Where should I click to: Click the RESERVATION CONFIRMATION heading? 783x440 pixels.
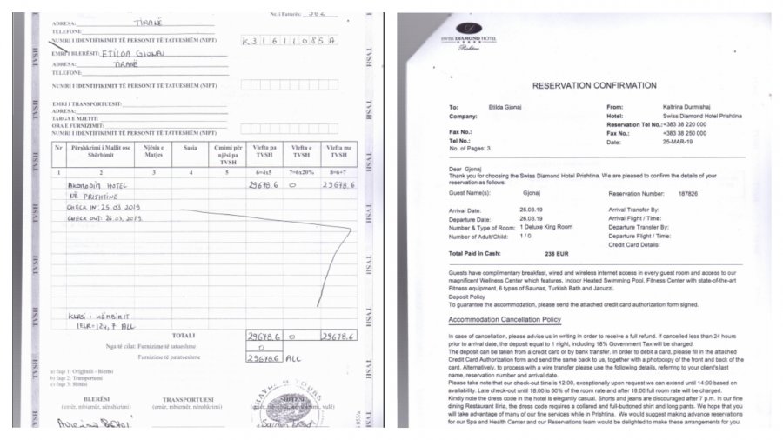coord(588,85)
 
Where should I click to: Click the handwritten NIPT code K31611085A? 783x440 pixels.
coord(288,40)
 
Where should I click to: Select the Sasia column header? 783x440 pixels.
coord(191,149)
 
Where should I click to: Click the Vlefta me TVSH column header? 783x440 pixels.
coord(339,153)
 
